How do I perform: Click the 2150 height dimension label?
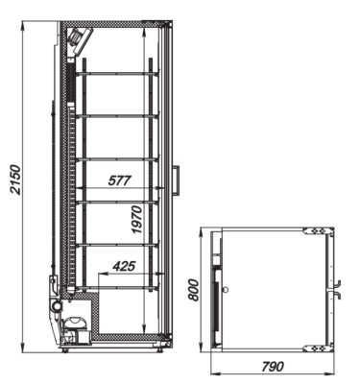(x=16, y=180)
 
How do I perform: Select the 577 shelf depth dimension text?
(x=120, y=180)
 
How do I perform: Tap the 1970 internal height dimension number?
(x=137, y=220)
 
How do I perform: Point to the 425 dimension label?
(x=125, y=266)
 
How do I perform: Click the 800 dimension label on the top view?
(x=193, y=290)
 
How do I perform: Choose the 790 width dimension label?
(x=273, y=367)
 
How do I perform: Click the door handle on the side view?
(x=177, y=180)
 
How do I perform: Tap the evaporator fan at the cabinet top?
(x=79, y=39)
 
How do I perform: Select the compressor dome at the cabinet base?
(x=76, y=323)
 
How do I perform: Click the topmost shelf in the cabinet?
(x=117, y=74)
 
